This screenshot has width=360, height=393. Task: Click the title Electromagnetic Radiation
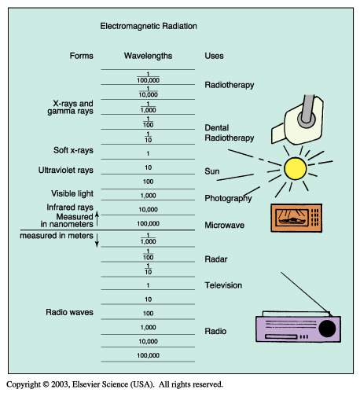(x=149, y=26)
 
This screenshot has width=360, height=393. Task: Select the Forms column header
(x=82, y=56)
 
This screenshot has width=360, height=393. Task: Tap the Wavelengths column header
(x=148, y=56)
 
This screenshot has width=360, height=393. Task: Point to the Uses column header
(x=214, y=56)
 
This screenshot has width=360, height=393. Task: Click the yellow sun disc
(x=296, y=168)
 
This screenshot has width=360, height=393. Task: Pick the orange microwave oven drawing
(x=296, y=218)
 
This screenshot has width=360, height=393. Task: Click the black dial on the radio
(x=327, y=329)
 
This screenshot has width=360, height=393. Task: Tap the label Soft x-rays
(x=73, y=150)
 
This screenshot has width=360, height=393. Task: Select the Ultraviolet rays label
(x=66, y=171)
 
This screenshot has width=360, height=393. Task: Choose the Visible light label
(x=72, y=193)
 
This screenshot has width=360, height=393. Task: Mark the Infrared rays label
(x=70, y=208)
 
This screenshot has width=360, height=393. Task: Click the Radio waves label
(x=69, y=312)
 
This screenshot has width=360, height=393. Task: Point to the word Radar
(x=216, y=259)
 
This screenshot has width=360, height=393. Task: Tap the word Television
(x=223, y=285)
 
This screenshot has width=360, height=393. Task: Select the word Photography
(x=228, y=199)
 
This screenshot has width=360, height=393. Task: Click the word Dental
(x=217, y=128)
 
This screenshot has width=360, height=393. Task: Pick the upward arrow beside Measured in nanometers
(x=97, y=219)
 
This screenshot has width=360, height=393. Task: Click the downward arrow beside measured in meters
(x=97, y=241)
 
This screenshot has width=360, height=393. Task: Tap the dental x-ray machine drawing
(x=298, y=119)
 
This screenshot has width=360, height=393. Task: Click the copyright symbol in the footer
(x=46, y=384)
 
